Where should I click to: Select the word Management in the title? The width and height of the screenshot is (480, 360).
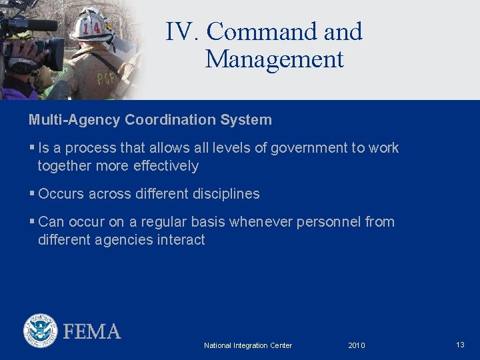click(x=275, y=59)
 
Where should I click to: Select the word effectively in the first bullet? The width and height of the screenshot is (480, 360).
click(x=166, y=166)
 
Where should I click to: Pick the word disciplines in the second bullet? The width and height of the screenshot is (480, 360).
click(x=226, y=194)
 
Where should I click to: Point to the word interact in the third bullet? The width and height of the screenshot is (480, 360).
click(x=181, y=240)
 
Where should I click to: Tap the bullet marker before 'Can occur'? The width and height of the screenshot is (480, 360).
click(x=31, y=221)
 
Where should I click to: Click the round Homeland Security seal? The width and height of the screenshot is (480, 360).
click(x=41, y=331)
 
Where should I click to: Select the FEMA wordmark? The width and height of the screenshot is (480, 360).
click(x=92, y=331)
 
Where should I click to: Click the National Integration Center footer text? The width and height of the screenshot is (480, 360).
click(x=248, y=345)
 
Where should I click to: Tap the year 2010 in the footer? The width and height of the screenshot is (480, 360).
click(x=357, y=345)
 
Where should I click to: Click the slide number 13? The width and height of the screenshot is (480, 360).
click(x=460, y=345)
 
